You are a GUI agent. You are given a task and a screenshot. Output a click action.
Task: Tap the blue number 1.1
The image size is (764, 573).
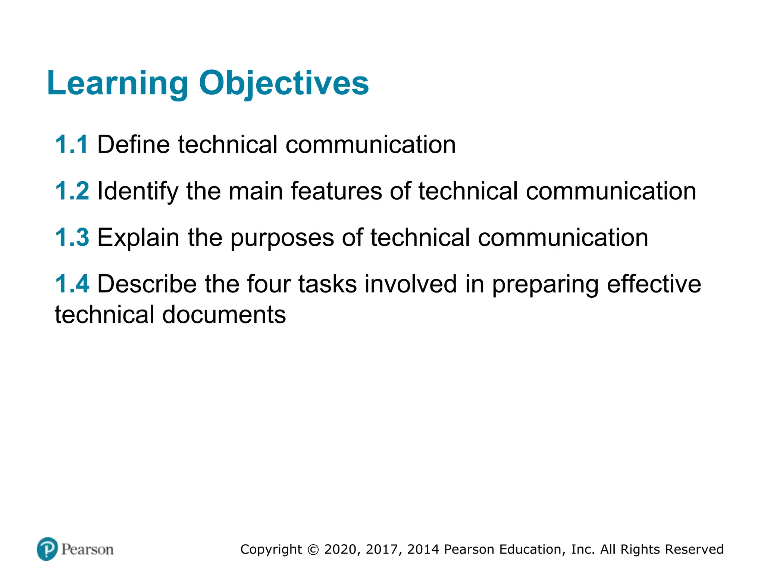tap(72, 145)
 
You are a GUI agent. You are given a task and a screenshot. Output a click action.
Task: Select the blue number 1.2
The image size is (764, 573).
tap(72, 191)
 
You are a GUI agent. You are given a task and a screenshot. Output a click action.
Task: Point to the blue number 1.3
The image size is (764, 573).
tap(72, 238)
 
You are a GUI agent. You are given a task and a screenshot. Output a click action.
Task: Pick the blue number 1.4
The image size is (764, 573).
tap(72, 284)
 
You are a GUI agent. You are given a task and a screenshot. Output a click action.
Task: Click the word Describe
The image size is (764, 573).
tap(147, 284)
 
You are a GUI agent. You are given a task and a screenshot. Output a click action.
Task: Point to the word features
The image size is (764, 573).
tap(336, 191)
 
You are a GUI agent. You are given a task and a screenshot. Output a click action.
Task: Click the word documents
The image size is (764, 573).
tap(224, 314)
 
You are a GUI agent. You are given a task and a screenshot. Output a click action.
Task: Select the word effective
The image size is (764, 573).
tap(654, 284)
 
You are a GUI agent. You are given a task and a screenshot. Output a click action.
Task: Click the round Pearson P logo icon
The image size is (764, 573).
tap(47, 549)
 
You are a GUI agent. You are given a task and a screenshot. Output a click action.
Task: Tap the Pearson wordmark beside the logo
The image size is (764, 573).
tap(87, 549)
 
